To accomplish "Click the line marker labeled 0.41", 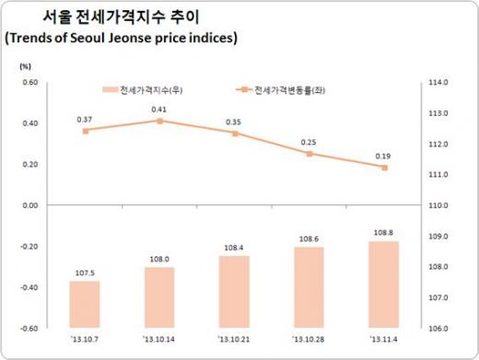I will (x=159, y=121).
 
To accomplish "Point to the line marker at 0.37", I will (x=85, y=131).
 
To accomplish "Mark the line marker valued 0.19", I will (x=384, y=168).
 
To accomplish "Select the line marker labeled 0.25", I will (x=310, y=154).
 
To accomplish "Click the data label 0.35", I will (x=234, y=122).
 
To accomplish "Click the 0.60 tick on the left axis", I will (x=29, y=83).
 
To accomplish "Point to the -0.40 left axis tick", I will (x=29, y=287).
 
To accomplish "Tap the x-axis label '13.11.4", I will (x=383, y=340).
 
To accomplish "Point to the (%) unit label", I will (x=26, y=66).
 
